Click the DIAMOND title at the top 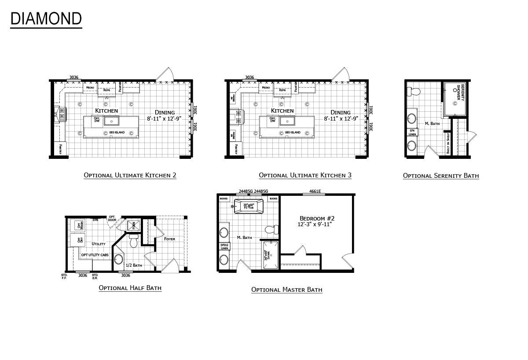(46, 18)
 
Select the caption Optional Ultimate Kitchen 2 (130, 175)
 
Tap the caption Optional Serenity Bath (440, 176)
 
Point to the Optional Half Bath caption (130, 288)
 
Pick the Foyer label (169, 239)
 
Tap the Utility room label (99, 243)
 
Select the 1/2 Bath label (134, 265)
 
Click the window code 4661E (315, 191)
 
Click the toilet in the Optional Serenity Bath (414, 92)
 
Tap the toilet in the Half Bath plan (134, 241)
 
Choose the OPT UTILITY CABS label (95, 255)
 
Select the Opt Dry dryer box (79, 240)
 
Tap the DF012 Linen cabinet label (224, 246)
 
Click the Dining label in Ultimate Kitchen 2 (165, 112)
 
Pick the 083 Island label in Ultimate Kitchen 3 (293, 132)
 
